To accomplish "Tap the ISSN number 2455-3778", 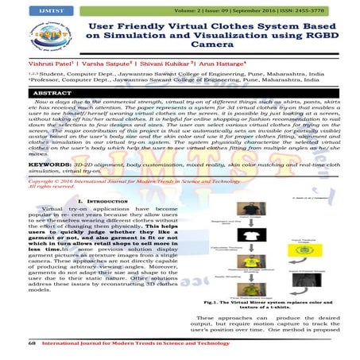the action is (x=326, y=10).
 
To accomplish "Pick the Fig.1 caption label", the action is (x=214, y=304).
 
